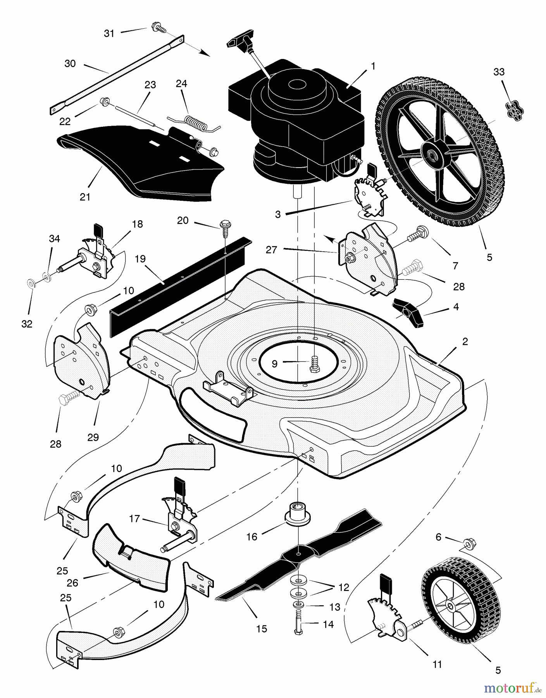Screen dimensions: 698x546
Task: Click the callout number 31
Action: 109,34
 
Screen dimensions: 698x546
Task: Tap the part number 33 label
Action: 499,72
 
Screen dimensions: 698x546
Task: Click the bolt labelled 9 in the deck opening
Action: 314,363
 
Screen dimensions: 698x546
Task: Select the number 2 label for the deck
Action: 465,341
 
